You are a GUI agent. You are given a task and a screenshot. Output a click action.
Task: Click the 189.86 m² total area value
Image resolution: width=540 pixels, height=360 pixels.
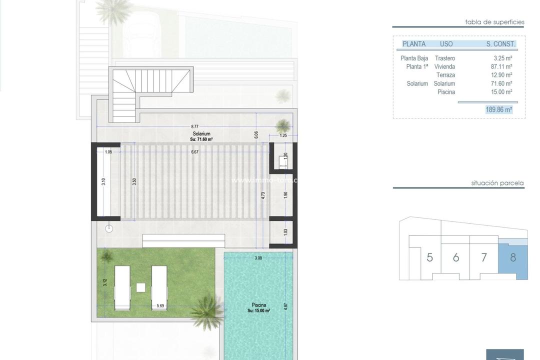click(x=498, y=109)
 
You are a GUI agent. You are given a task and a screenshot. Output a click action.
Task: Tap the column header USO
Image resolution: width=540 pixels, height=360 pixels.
click(x=446, y=44)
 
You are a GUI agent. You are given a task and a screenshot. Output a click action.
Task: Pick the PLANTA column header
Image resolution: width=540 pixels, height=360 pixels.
click(x=414, y=44)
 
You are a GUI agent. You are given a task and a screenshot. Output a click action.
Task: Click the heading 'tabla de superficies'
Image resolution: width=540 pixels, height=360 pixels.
click(x=494, y=22)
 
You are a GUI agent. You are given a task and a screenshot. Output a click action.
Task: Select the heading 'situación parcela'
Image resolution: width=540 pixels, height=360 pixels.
click(x=497, y=183)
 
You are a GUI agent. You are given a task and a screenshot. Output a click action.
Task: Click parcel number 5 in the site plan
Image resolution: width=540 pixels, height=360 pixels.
click(x=429, y=258)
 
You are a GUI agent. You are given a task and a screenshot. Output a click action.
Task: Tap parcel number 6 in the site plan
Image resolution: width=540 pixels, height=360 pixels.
click(x=455, y=258)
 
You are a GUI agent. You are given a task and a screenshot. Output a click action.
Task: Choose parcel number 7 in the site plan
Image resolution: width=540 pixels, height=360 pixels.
click(x=483, y=258)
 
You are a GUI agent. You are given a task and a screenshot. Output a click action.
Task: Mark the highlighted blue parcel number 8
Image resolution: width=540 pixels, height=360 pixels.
click(x=513, y=258)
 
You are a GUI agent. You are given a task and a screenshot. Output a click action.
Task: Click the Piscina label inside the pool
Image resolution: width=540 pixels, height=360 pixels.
click(x=259, y=305)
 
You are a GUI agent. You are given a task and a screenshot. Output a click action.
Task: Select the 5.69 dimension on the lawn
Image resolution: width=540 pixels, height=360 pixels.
click(x=160, y=306)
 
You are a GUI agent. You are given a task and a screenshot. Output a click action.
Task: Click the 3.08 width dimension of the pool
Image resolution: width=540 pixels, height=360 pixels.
click(x=258, y=258)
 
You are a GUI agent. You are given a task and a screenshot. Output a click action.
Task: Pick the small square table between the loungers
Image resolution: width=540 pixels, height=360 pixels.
click(x=141, y=287)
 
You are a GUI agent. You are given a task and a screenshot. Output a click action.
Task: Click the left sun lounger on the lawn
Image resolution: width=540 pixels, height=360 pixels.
click(x=122, y=288)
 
